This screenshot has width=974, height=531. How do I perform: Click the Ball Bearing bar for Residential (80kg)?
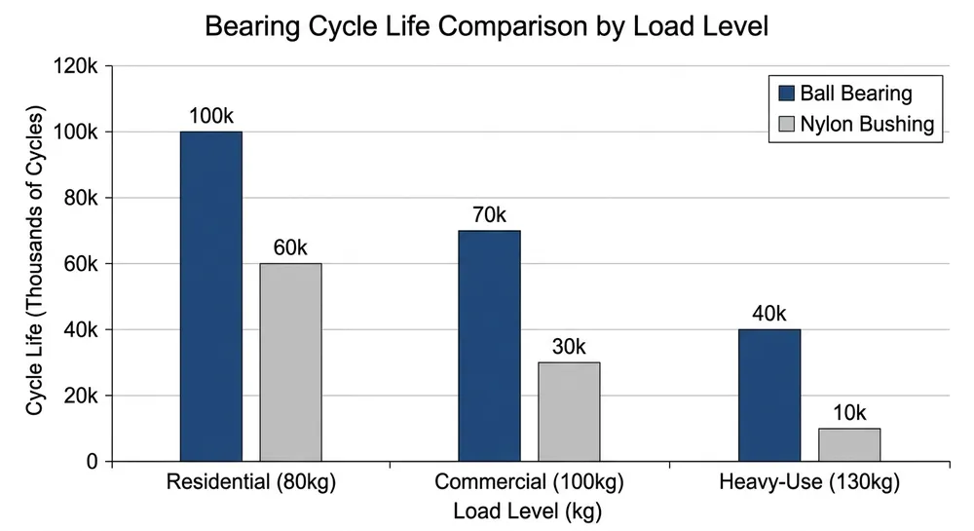click(x=211, y=296)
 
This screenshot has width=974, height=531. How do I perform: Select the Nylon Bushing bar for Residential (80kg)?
click(x=290, y=362)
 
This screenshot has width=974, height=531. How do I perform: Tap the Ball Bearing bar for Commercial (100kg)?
click(x=489, y=346)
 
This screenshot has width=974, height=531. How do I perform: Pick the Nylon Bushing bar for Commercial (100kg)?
click(x=569, y=412)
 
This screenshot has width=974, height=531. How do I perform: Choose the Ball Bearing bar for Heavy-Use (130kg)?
click(x=769, y=396)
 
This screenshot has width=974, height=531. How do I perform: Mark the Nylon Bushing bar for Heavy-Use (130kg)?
click(x=849, y=444)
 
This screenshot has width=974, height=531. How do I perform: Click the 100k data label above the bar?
click(x=211, y=116)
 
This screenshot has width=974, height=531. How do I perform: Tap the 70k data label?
click(x=489, y=215)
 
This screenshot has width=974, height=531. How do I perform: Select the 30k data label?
click(x=569, y=347)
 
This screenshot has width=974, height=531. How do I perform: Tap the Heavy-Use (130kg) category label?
click(x=809, y=482)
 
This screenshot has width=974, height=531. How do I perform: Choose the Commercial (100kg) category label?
click(x=529, y=482)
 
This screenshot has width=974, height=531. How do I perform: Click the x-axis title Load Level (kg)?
click(x=529, y=510)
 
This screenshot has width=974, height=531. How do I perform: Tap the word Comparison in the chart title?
click(x=511, y=27)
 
